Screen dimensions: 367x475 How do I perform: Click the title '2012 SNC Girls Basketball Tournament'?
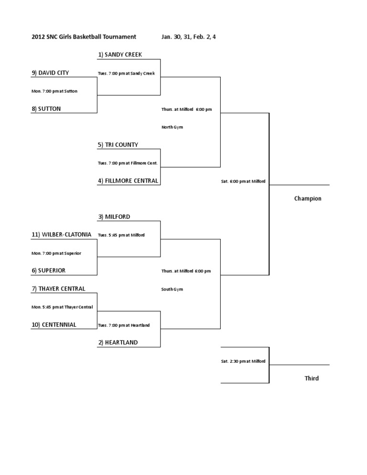tap(84, 37)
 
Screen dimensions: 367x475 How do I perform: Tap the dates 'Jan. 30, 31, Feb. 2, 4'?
tap(188, 37)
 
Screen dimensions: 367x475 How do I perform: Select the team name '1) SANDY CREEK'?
tap(120, 54)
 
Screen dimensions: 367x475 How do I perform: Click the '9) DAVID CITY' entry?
tap(50, 73)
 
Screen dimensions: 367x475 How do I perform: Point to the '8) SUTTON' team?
tap(46, 109)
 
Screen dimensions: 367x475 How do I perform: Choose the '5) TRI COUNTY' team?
tap(118, 145)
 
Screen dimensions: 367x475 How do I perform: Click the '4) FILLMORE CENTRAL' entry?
tap(128, 181)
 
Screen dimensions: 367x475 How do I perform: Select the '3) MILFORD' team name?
tap(114, 217)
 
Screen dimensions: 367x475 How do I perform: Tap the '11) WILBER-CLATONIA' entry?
tap(62, 235)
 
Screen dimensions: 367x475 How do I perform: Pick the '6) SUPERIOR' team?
tap(48, 270)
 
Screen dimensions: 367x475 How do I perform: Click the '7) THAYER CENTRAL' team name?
tap(58, 289)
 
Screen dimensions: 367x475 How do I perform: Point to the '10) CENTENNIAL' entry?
tap(54, 325)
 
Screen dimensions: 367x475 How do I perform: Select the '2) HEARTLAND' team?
tap(118, 343)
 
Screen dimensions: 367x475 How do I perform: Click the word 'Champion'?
tap(308, 199)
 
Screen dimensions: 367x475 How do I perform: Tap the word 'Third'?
tap(312, 378)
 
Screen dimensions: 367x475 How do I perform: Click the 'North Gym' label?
tap(172, 127)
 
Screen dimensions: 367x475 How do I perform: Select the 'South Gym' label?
tap(172, 289)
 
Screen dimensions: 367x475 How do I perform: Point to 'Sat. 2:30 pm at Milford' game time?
tap(243, 361)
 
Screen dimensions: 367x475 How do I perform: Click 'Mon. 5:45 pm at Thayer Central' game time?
tap(62, 307)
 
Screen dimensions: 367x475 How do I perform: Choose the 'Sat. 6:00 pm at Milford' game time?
tap(243, 181)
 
